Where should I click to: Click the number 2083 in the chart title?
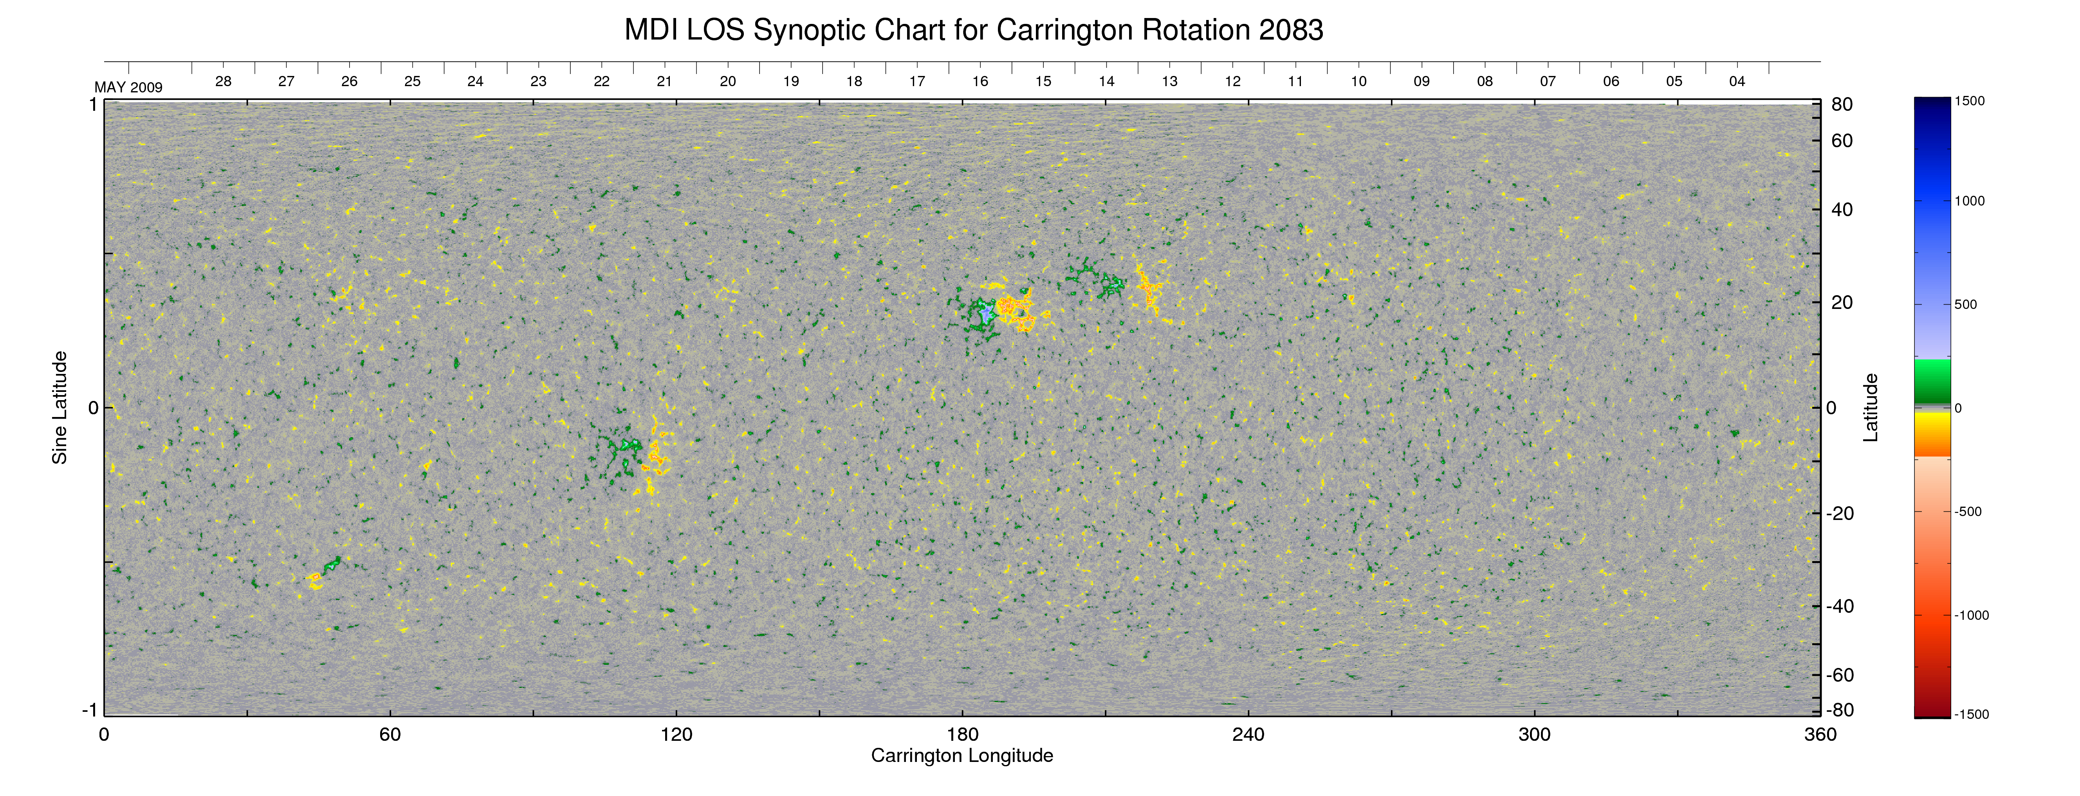click(x=1290, y=31)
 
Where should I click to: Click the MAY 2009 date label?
click(x=128, y=87)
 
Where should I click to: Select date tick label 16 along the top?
click(x=980, y=81)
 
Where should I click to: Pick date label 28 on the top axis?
click(x=223, y=81)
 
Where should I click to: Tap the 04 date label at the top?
click(x=1737, y=81)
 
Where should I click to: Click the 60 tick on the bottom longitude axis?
click(x=390, y=735)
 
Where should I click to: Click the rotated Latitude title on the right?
click(x=1870, y=408)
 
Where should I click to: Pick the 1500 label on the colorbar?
click(x=1969, y=101)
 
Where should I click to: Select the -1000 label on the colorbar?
click(x=1971, y=615)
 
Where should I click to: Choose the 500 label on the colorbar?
click(x=1965, y=304)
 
